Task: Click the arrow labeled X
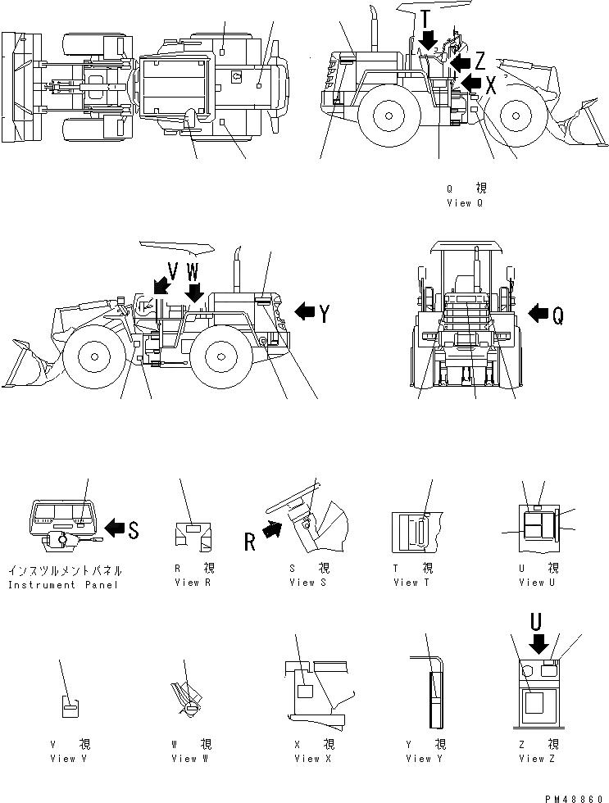pos(470,81)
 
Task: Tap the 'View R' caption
pos(194,583)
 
